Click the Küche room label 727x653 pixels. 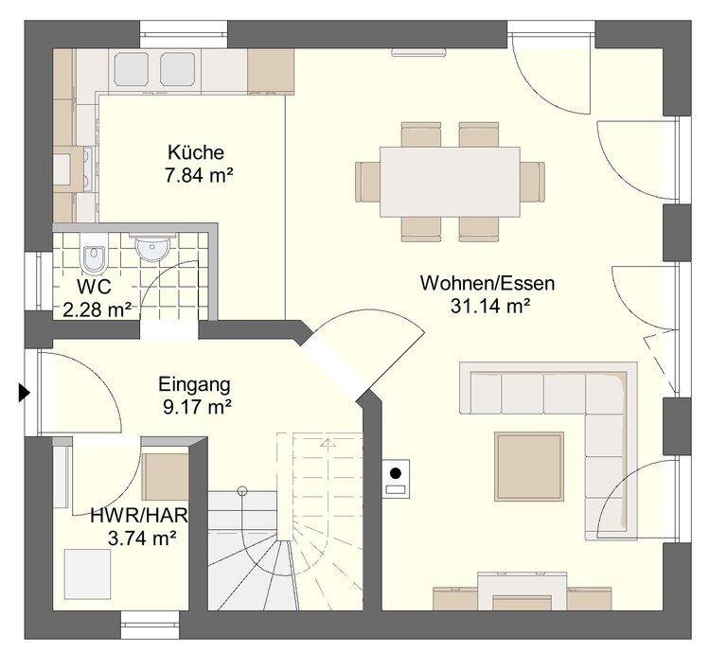196,152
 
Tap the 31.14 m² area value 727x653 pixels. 490,306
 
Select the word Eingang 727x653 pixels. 194,384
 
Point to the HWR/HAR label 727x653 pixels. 139,516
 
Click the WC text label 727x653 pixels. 94,287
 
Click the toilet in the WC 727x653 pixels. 94,253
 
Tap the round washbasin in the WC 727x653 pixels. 151,248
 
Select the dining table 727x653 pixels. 450,182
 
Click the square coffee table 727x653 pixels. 529,467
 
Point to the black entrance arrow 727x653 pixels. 24,393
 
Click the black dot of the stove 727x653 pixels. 396,473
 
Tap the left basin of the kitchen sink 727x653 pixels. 132,69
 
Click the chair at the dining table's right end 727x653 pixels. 532,182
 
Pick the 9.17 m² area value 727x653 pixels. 197,407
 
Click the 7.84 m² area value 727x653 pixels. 199,176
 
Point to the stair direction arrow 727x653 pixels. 328,443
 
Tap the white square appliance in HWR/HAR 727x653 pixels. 88,574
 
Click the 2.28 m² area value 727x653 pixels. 97,310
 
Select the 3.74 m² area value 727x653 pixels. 142,538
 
